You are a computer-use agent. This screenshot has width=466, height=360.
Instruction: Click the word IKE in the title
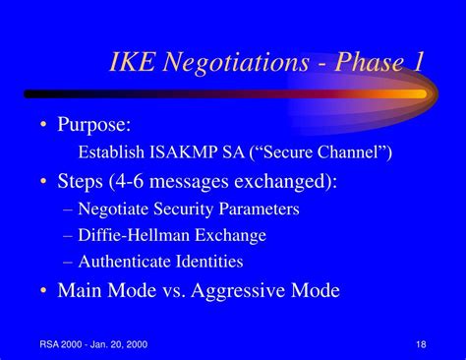(132, 61)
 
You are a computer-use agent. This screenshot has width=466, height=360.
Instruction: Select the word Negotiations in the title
(236, 63)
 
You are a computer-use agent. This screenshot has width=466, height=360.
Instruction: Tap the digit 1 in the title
(418, 61)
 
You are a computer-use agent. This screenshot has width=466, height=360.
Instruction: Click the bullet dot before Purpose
(43, 125)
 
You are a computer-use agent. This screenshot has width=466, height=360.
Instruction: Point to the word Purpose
(94, 125)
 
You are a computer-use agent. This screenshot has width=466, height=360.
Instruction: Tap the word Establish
(111, 151)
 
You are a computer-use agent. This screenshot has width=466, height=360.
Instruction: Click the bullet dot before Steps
(43, 181)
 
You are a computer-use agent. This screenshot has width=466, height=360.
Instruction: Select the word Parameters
(259, 209)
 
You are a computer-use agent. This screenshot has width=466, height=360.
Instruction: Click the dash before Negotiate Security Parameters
(68, 210)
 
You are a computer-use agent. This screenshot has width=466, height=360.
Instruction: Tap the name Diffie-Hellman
(134, 235)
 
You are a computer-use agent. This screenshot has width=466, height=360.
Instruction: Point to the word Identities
(209, 262)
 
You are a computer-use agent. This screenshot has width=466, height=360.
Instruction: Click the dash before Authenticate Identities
(68, 263)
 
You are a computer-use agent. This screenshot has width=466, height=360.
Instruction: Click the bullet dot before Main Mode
(43, 290)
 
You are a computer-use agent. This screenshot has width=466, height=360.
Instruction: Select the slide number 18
(421, 344)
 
